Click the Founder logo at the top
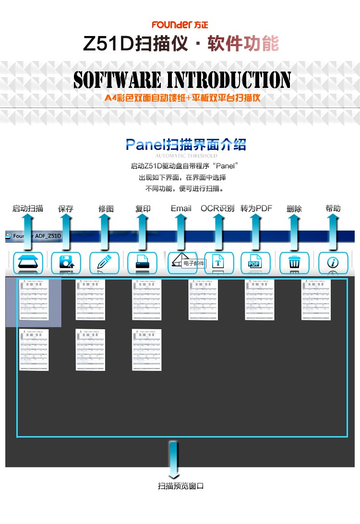click(180, 24)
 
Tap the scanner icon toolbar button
click(28, 262)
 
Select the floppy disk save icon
click(66, 262)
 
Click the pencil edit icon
click(104, 262)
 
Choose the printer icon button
click(142, 262)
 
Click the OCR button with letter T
click(218, 262)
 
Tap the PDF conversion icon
click(254, 262)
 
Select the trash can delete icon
click(294, 262)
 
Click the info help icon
click(333, 262)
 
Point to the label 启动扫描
click(28, 208)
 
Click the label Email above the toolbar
click(181, 208)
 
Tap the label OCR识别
click(217, 208)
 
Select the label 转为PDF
click(256, 208)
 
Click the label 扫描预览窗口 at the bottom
click(181, 486)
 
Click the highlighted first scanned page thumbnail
click(34, 300)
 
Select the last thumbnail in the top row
click(316, 300)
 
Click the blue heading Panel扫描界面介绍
click(186, 145)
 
